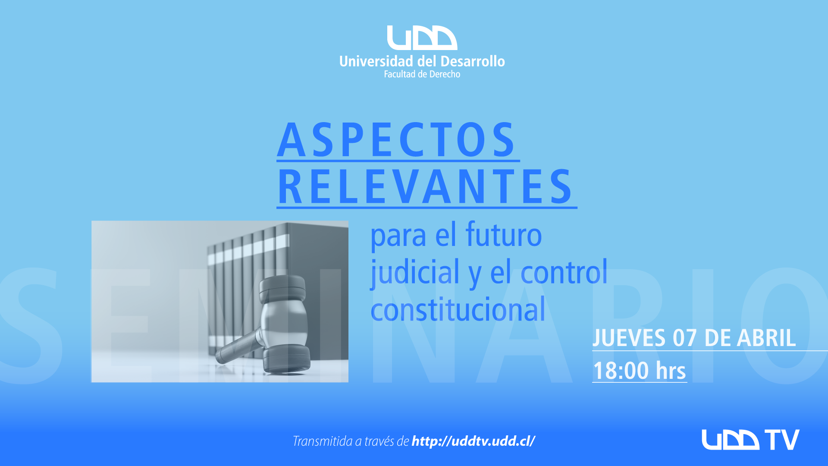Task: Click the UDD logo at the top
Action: click(x=422, y=38)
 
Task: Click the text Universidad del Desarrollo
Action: click(x=422, y=61)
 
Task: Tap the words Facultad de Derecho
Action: click(x=422, y=74)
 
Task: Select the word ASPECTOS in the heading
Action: click(x=396, y=140)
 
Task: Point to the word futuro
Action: click(x=503, y=235)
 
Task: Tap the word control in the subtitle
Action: click(x=564, y=272)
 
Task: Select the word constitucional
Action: click(x=458, y=309)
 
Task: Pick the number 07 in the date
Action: click(x=685, y=338)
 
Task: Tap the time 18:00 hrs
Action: click(x=639, y=371)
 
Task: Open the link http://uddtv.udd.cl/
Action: click(x=474, y=441)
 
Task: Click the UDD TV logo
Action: click(x=750, y=440)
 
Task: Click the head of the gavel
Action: click(x=285, y=324)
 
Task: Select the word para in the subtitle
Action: click(x=398, y=236)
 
